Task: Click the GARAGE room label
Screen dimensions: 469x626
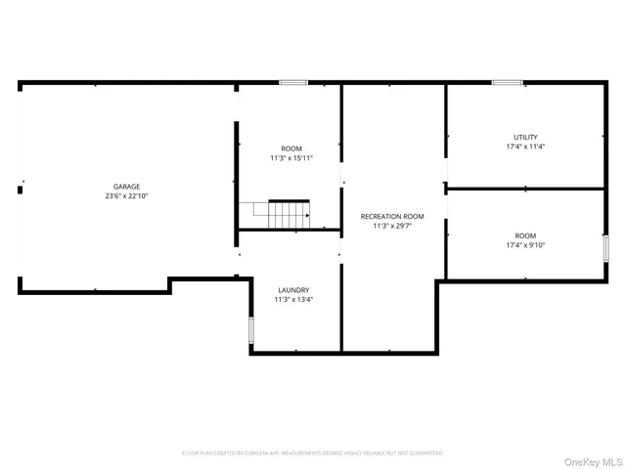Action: [126, 186]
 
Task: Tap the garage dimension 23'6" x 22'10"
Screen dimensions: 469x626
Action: [126, 196]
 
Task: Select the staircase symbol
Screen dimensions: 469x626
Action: [275, 213]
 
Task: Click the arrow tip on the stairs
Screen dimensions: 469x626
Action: [308, 215]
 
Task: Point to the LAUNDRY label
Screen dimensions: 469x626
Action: [293, 290]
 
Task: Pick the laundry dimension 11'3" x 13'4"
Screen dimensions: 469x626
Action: [293, 301]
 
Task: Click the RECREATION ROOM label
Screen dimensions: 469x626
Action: [392, 216]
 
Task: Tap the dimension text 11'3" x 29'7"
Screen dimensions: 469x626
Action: [392, 227]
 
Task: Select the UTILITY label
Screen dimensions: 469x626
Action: [525, 137]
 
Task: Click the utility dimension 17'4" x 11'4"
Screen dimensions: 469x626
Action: [525, 148]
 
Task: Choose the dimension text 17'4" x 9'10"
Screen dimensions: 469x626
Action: [525, 246]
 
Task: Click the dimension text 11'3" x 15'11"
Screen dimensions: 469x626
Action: [291, 158]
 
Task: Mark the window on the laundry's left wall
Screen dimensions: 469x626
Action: [250, 331]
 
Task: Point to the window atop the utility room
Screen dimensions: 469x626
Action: [507, 83]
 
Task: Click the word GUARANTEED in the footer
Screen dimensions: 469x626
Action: [425, 453]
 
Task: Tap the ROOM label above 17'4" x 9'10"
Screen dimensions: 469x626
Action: [525, 235]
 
